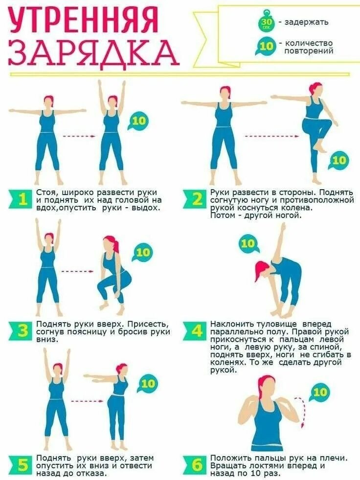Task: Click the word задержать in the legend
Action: pyautogui.click(x=306, y=22)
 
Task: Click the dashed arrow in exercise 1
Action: pyautogui.click(x=79, y=136)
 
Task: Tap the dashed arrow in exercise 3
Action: pyautogui.click(x=77, y=272)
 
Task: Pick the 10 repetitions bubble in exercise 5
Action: pyautogui.click(x=147, y=384)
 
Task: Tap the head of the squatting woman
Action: pyautogui.click(x=110, y=244)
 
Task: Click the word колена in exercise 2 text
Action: pyautogui.click(x=293, y=208)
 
